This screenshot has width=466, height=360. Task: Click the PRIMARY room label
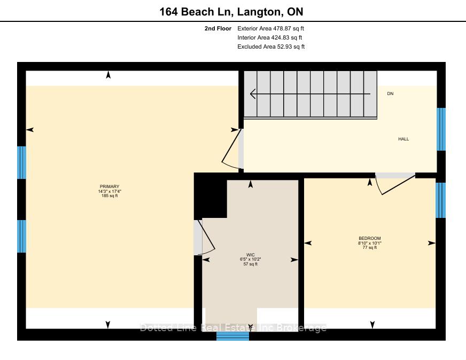pos(110,186)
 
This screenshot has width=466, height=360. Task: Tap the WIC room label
pos(251,255)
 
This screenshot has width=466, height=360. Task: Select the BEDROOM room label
pos(370,238)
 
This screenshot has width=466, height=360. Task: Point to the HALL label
pos(403,139)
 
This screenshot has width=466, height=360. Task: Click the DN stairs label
pos(390,93)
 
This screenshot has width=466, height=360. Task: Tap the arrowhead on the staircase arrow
pos(253,94)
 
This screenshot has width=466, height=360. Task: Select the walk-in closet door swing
pos(206,237)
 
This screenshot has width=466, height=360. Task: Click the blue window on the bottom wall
pos(232,336)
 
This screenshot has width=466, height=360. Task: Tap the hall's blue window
pos(441,129)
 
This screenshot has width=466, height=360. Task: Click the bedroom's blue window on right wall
pos(441,200)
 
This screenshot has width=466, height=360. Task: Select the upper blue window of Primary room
pos(21,162)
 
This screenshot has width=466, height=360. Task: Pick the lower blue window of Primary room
pos(21,236)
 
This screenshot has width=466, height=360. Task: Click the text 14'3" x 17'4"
pos(110,191)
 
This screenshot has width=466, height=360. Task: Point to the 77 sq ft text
pos(370,247)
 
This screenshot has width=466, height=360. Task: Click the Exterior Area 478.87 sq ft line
pos(270,28)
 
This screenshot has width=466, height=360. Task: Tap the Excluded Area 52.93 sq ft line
pos(271,46)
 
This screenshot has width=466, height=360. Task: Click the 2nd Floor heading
pos(218,28)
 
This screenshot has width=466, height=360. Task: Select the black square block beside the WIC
pos(211,196)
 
